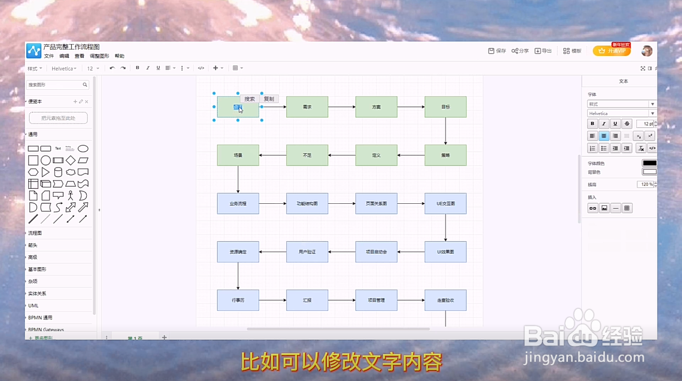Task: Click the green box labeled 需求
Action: (x=307, y=107)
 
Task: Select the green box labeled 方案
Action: (x=376, y=107)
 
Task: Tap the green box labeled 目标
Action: (x=445, y=107)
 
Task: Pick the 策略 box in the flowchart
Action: (x=445, y=155)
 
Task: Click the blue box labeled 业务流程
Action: (x=238, y=204)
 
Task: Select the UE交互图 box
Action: (x=445, y=204)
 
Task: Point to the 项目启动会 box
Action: (x=376, y=252)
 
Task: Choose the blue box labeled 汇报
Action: (x=307, y=300)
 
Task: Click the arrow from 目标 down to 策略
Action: (x=445, y=131)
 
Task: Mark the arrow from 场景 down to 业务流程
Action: (x=238, y=179)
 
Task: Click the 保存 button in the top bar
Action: (x=497, y=51)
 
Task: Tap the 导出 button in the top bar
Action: (x=543, y=51)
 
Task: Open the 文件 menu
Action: (x=49, y=56)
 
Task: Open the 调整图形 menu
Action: (x=99, y=56)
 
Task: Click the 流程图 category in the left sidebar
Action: (x=35, y=233)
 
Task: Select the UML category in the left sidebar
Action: (x=33, y=305)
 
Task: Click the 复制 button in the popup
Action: (x=269, y=99)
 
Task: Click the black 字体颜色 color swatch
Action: (x=649, y=163)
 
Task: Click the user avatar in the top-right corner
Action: (x=647, y=51)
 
